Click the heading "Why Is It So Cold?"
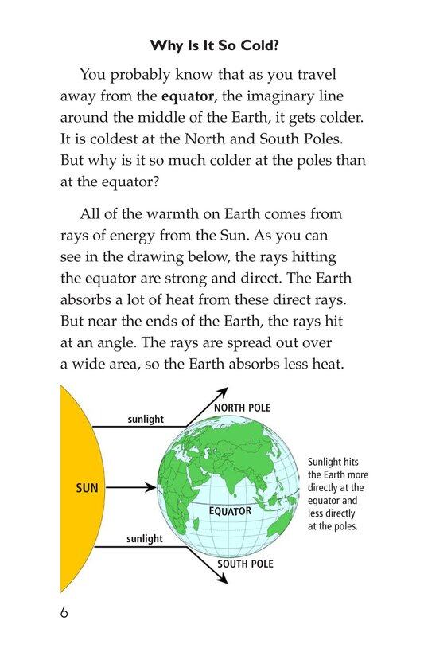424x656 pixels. pos(212,45)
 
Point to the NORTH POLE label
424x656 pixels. pos(243,408)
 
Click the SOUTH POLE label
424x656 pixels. pos(245,564)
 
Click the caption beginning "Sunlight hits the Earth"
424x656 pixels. pos(336,494)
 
